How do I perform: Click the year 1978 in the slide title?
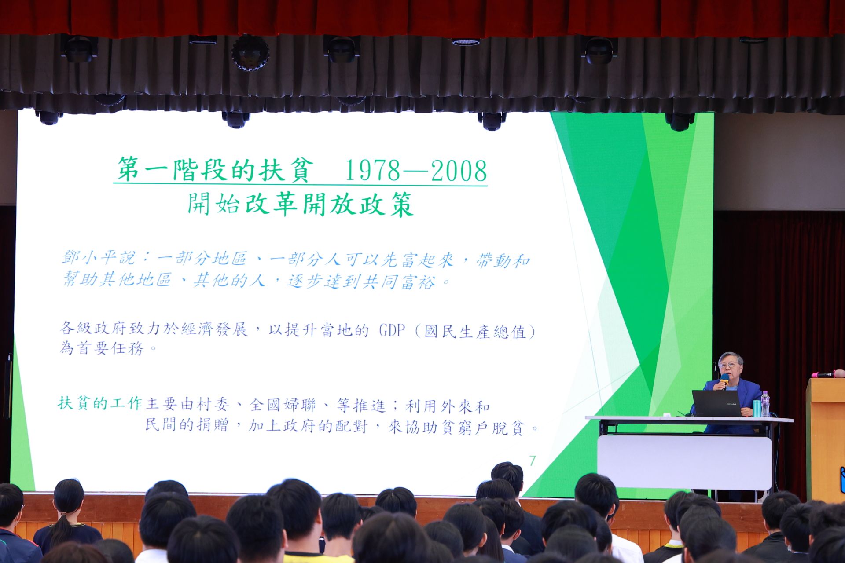click(x=372, y=171)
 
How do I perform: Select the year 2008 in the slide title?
click(x=459, y=171)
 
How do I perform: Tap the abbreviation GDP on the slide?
click(x=392, y=330)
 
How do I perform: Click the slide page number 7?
click(x=533, y=461)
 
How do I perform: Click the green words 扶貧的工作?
click(x=100, y=403)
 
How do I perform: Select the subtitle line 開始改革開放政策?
click(x=301, y=204)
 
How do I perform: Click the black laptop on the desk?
click(x=716, y=403)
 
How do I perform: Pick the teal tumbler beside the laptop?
click(x=757, y=408)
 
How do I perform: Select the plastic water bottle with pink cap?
click(x=765, y=404)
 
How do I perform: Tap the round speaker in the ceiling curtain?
click(x=250, y=53)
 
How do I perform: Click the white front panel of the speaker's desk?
click(x=684, y=462)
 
